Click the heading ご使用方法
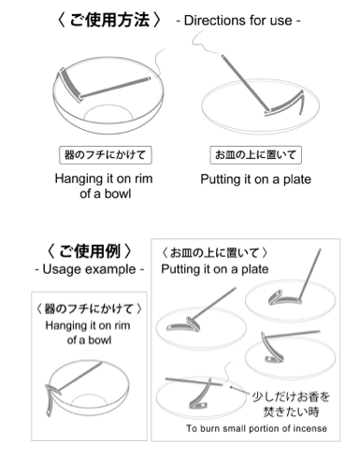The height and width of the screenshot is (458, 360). click(109, 21)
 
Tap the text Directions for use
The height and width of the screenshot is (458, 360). click(238, 21)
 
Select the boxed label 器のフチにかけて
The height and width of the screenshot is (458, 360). click(105, 155)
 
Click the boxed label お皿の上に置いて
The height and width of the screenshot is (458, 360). click(255, 154)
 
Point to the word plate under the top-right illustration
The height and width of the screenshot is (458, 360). click(297, 179)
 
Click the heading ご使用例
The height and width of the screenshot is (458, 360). click(89, 251)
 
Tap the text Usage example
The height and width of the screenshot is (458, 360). click(89, 269)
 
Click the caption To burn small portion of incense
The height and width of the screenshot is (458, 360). click(256, 428)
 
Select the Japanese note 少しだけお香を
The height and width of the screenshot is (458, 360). click(291, 396)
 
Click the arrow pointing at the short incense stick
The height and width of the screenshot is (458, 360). click(240, 391)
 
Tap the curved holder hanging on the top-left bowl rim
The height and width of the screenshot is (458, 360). click(68, 83)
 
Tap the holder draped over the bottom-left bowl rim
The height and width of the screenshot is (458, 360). click(51, 398)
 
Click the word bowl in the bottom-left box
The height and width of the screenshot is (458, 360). click(99, 340)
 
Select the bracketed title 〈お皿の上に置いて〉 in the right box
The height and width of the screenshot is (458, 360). click(215, 252)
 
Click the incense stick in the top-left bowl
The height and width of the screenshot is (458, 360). click(115, 87)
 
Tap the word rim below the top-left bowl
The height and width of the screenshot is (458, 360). click(143, 179)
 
